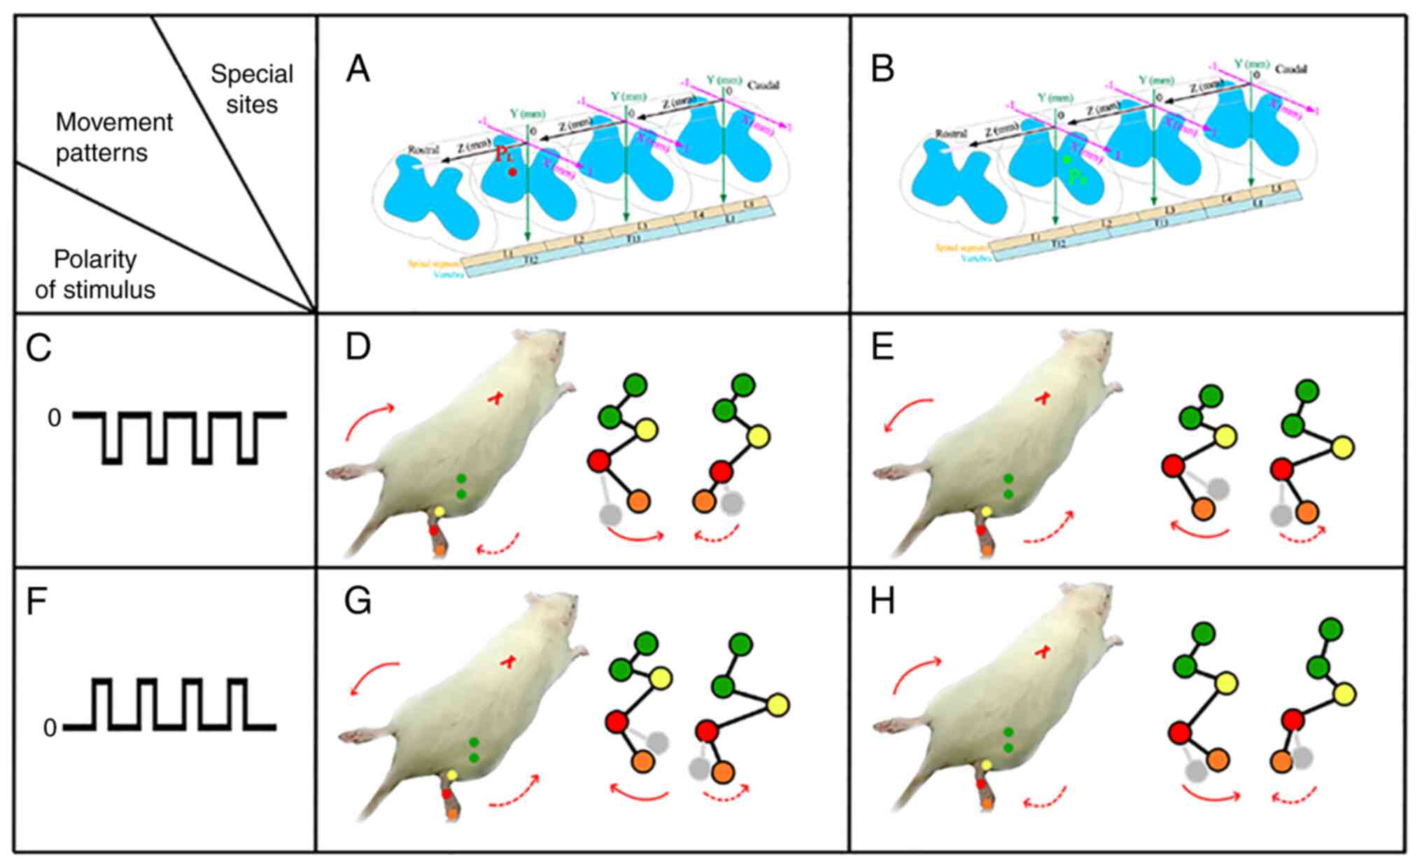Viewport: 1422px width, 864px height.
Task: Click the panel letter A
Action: click(358, 70)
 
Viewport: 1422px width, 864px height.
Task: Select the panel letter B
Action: click(882, 70)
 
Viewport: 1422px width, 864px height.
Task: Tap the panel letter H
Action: click(882, 602)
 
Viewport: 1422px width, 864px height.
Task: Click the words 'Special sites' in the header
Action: click(252, 89)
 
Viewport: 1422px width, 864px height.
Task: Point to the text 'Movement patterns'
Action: click(114, 137)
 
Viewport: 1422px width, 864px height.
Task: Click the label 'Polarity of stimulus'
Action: click(95, 274)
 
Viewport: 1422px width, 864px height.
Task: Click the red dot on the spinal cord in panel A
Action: click(512, 171)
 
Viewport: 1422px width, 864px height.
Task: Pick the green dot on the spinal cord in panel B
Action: click(1066, 160)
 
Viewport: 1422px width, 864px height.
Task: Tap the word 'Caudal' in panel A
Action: click(763, 85)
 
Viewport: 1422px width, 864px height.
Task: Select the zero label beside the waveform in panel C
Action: click(54, 418)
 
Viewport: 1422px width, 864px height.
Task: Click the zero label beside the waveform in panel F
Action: click(50, 728)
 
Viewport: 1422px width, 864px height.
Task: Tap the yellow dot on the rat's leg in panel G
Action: click(452, 775)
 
